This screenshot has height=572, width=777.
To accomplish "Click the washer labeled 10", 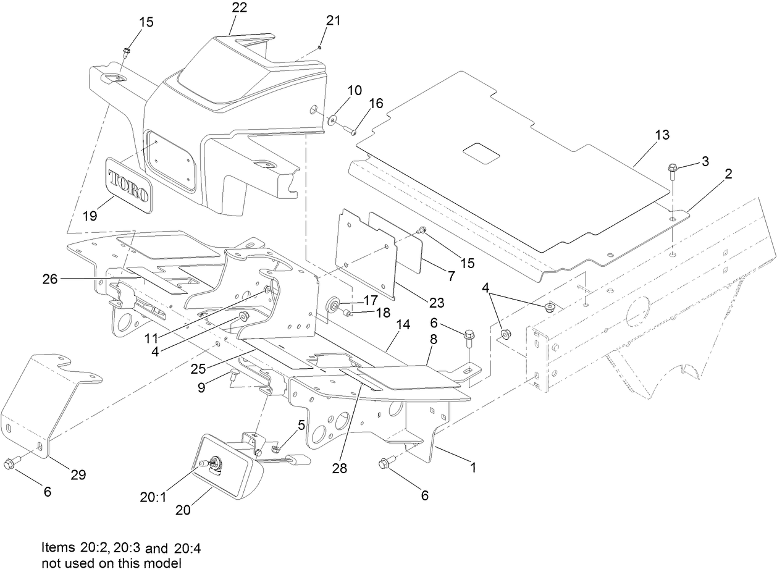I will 334,120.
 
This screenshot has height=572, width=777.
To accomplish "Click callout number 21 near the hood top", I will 333,20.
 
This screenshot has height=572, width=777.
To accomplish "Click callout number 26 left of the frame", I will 50,280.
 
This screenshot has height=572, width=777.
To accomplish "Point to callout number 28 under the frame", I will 339,469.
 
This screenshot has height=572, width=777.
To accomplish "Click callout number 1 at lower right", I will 473,468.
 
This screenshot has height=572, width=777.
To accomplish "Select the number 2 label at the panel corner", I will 729,175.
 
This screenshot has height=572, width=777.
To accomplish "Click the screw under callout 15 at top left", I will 126,51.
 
